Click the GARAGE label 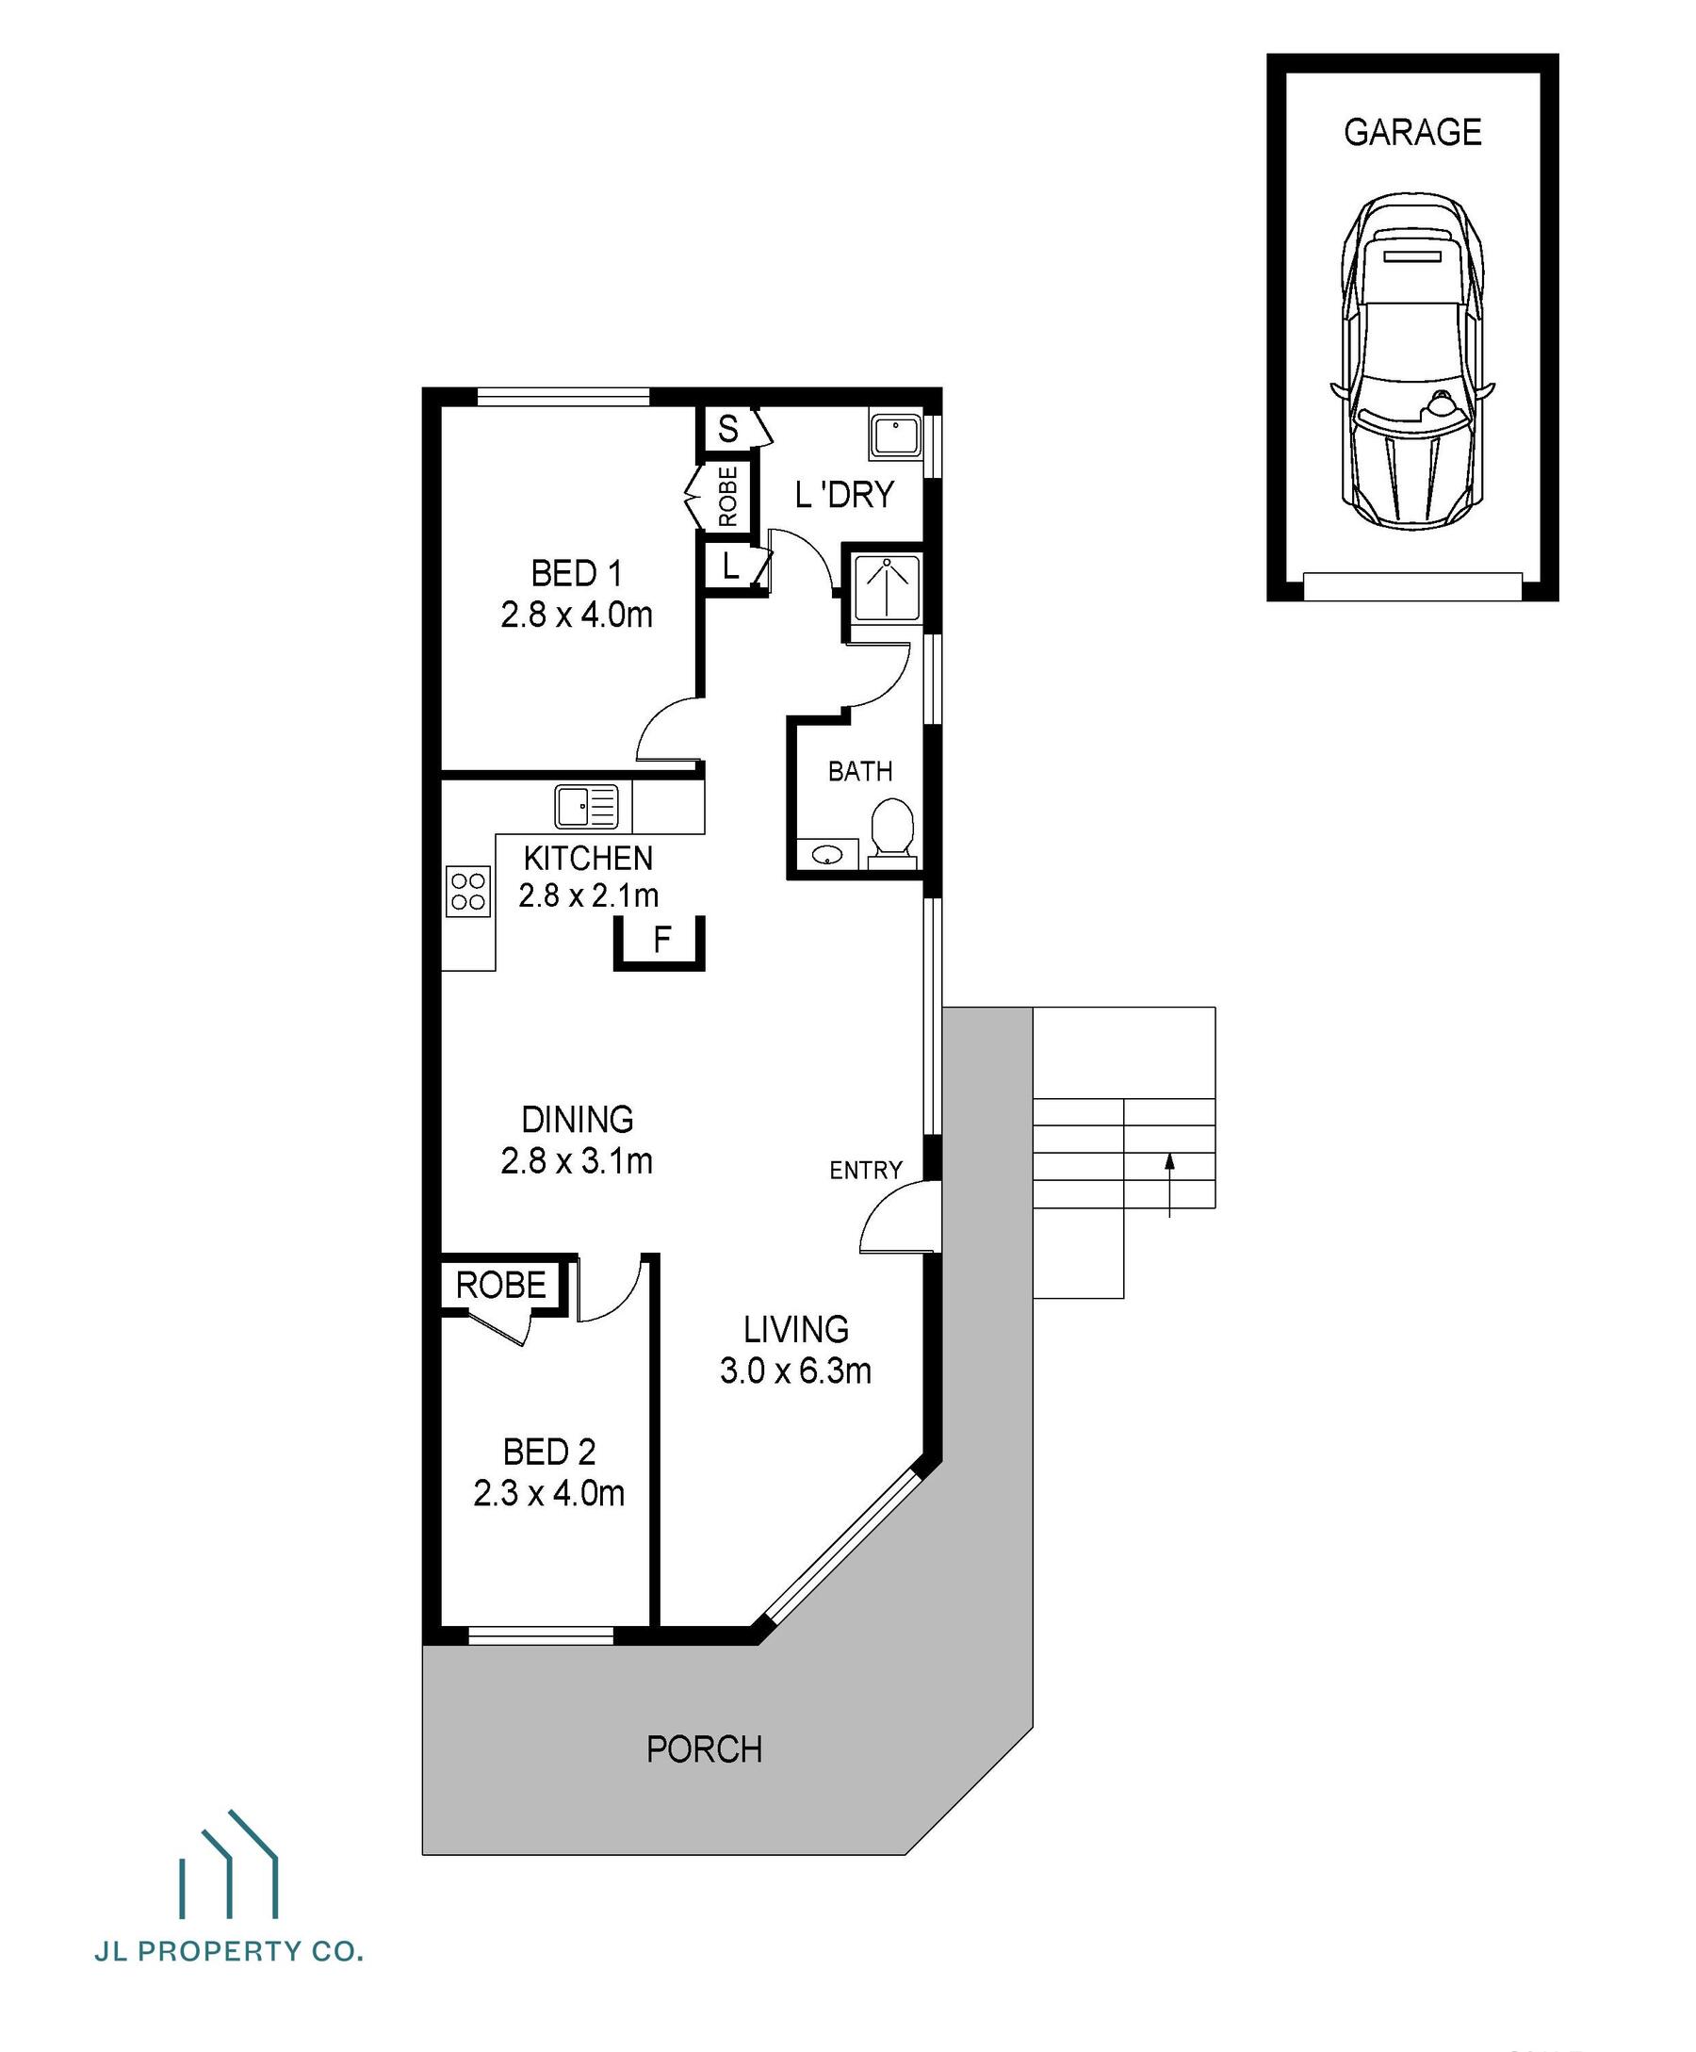pyautogui.click(x=1411, y=132)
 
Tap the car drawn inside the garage pyautogui.click(x=1411, y=362)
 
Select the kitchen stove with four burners pyautogui.click(x=468, y=891)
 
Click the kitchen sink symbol pyautogui.click(x=586, y=807)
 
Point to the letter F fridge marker pyautogui.click(x=661, y=940)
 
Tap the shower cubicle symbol pyautogui.click(x=886, y=587)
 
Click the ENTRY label pyautogui.click(x=866, y=1170)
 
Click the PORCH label pyautogui.click(x=704, y=1749)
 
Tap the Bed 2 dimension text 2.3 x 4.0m pyautogui.click(x=548, y=1493)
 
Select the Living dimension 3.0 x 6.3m pyautogui.click(x=795, y=1371)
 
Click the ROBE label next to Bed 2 pyautogui.click(x=500, y=1285)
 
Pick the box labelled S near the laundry pyautogui.click(x=727, y=429)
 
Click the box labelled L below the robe pyautogui.click(x=730, y=565)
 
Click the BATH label pyautogui.click(x=859, y=772)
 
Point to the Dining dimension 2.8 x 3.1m pyautogui.click(x=577, y=1161)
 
